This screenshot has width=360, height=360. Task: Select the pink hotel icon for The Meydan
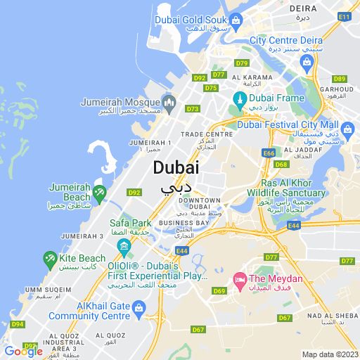239,281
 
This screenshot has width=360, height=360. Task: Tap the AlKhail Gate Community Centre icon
139,307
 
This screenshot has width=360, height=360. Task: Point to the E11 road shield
344,15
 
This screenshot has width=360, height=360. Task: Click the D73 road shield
193,109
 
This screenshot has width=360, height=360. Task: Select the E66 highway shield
269,153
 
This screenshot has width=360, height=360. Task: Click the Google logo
22,352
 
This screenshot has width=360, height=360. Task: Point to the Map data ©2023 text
329,354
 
